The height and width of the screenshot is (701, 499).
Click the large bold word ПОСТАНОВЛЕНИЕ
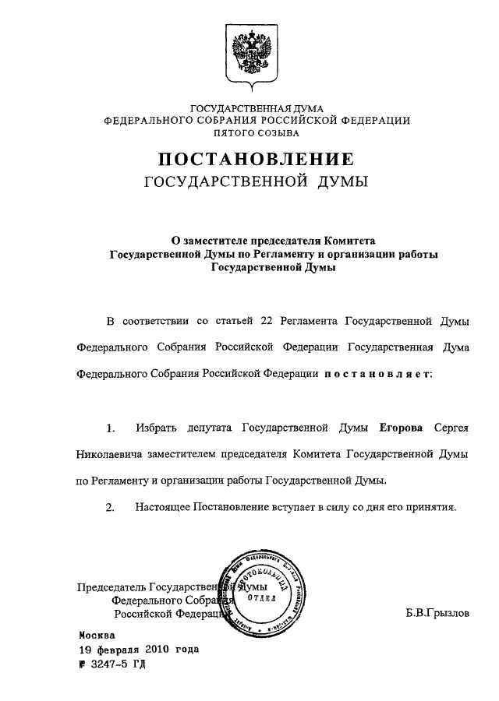257,160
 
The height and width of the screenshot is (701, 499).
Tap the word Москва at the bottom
97,635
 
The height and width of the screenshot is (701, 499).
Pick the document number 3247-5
108,664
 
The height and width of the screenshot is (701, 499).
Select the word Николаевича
109,454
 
